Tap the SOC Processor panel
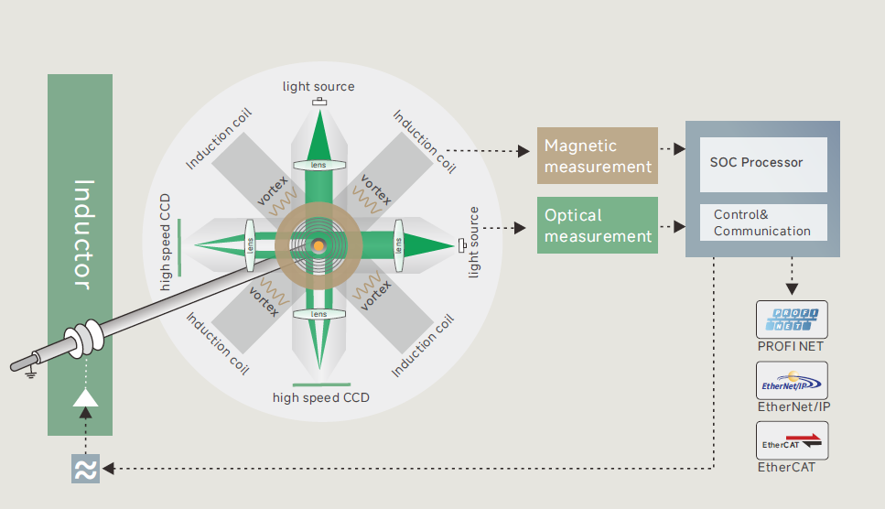[x=762, y=163]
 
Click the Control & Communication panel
[x=762, y=222]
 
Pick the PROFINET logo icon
[x=792, y=319]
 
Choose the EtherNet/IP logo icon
[x=792, y=380]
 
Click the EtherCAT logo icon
[x=792, y=440]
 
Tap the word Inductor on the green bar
[x=81, y=234]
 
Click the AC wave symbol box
[x=85, y=468]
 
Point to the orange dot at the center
[x=318, y=245]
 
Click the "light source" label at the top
[x=318, y=87]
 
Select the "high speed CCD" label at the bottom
[x=320, y=397]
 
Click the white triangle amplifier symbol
[x=85, y=397]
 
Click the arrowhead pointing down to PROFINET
[x=792, y=288]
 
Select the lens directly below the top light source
[x=318, y=166]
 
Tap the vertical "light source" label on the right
[x=474, y=242]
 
